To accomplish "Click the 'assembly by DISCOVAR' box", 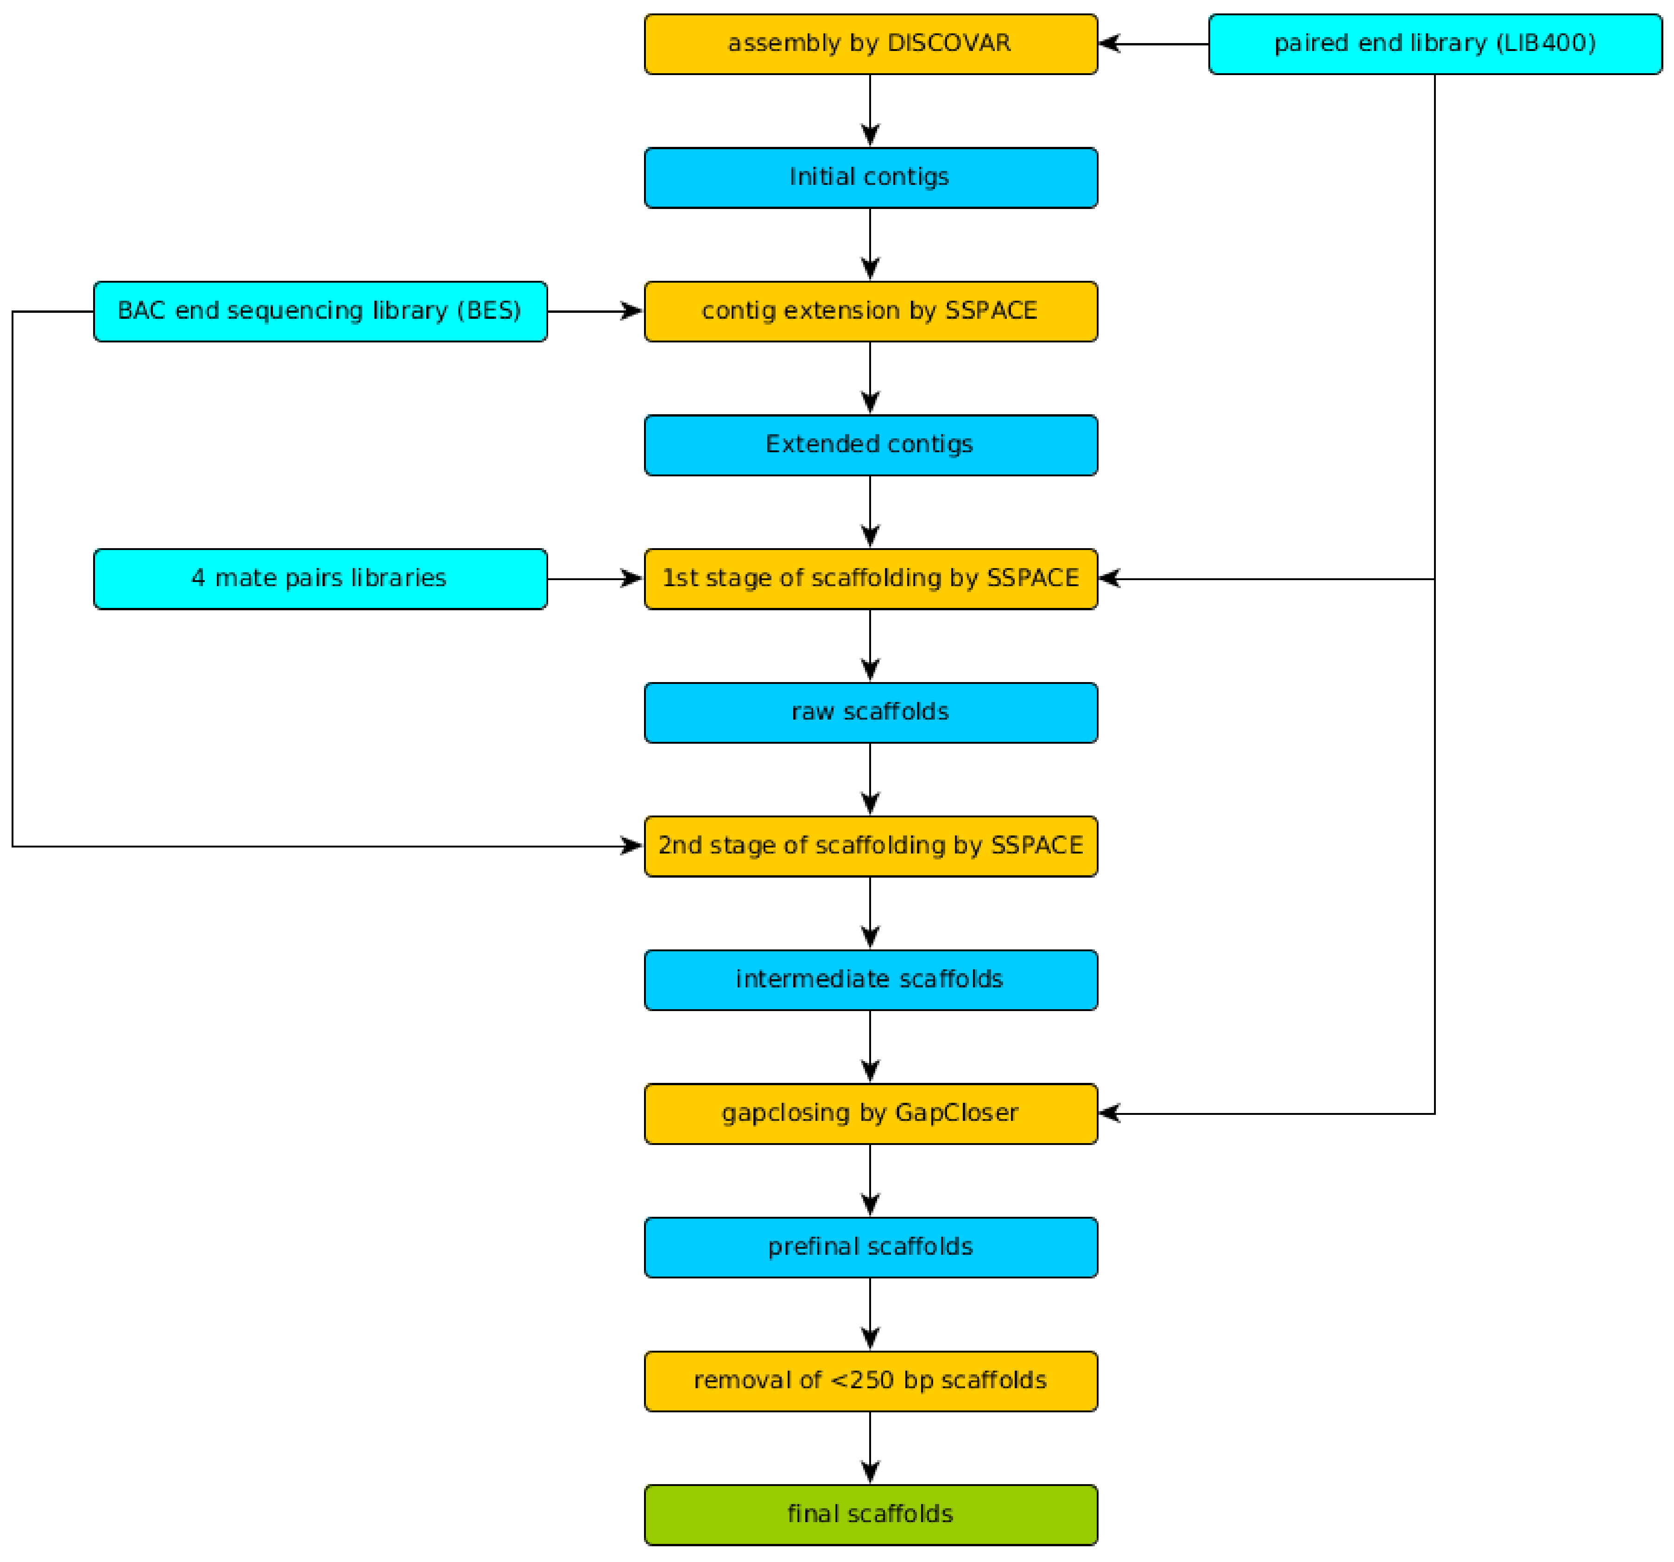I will [871, 44].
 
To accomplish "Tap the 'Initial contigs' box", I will [871, 177].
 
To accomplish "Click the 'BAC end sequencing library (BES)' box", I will [320, 311].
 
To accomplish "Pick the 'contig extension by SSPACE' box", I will [871, 311].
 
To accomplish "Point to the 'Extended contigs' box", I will [871, 445].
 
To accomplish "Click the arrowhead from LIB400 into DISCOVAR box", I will [1110, 44].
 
